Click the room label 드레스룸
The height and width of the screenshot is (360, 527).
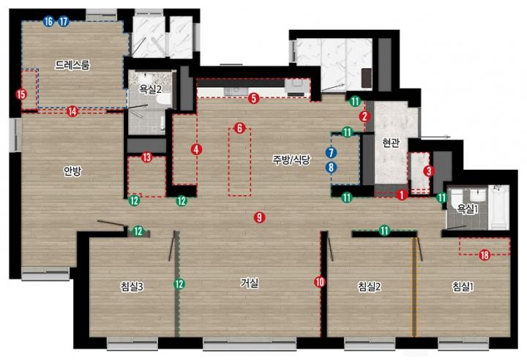[x=72, y=64]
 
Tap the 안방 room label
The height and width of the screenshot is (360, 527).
[x=72, y=171]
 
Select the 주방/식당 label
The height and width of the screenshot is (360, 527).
[x=291, y=160]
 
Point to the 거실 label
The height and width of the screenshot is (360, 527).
[x=250, y=282]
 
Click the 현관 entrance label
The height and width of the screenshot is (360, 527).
[x=391, y=143]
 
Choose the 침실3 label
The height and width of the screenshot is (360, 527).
[x=132, y=287]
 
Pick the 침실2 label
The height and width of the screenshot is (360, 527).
[x=369, y=287]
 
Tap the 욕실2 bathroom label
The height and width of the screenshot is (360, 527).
[x=151, y=89]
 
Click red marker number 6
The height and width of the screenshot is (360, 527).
[x=239, y=128]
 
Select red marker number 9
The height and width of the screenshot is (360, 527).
[x=259, y=217]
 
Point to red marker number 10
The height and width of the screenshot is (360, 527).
[x=320, y=282]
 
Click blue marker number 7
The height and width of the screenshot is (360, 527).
[x=331, y=153]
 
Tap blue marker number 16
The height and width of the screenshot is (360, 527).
[x=49, y=22]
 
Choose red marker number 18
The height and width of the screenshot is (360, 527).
[x=485, y=255]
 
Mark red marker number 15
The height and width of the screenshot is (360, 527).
[x=21, y=94]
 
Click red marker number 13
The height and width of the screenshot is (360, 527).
[x=147, y=157]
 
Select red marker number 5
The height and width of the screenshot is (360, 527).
[x=254, y=99]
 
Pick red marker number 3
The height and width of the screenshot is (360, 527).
[x=429, y=171]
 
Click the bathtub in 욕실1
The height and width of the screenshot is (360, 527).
[x=498, y=208]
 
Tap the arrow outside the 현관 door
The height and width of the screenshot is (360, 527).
[x=436, y=137]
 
